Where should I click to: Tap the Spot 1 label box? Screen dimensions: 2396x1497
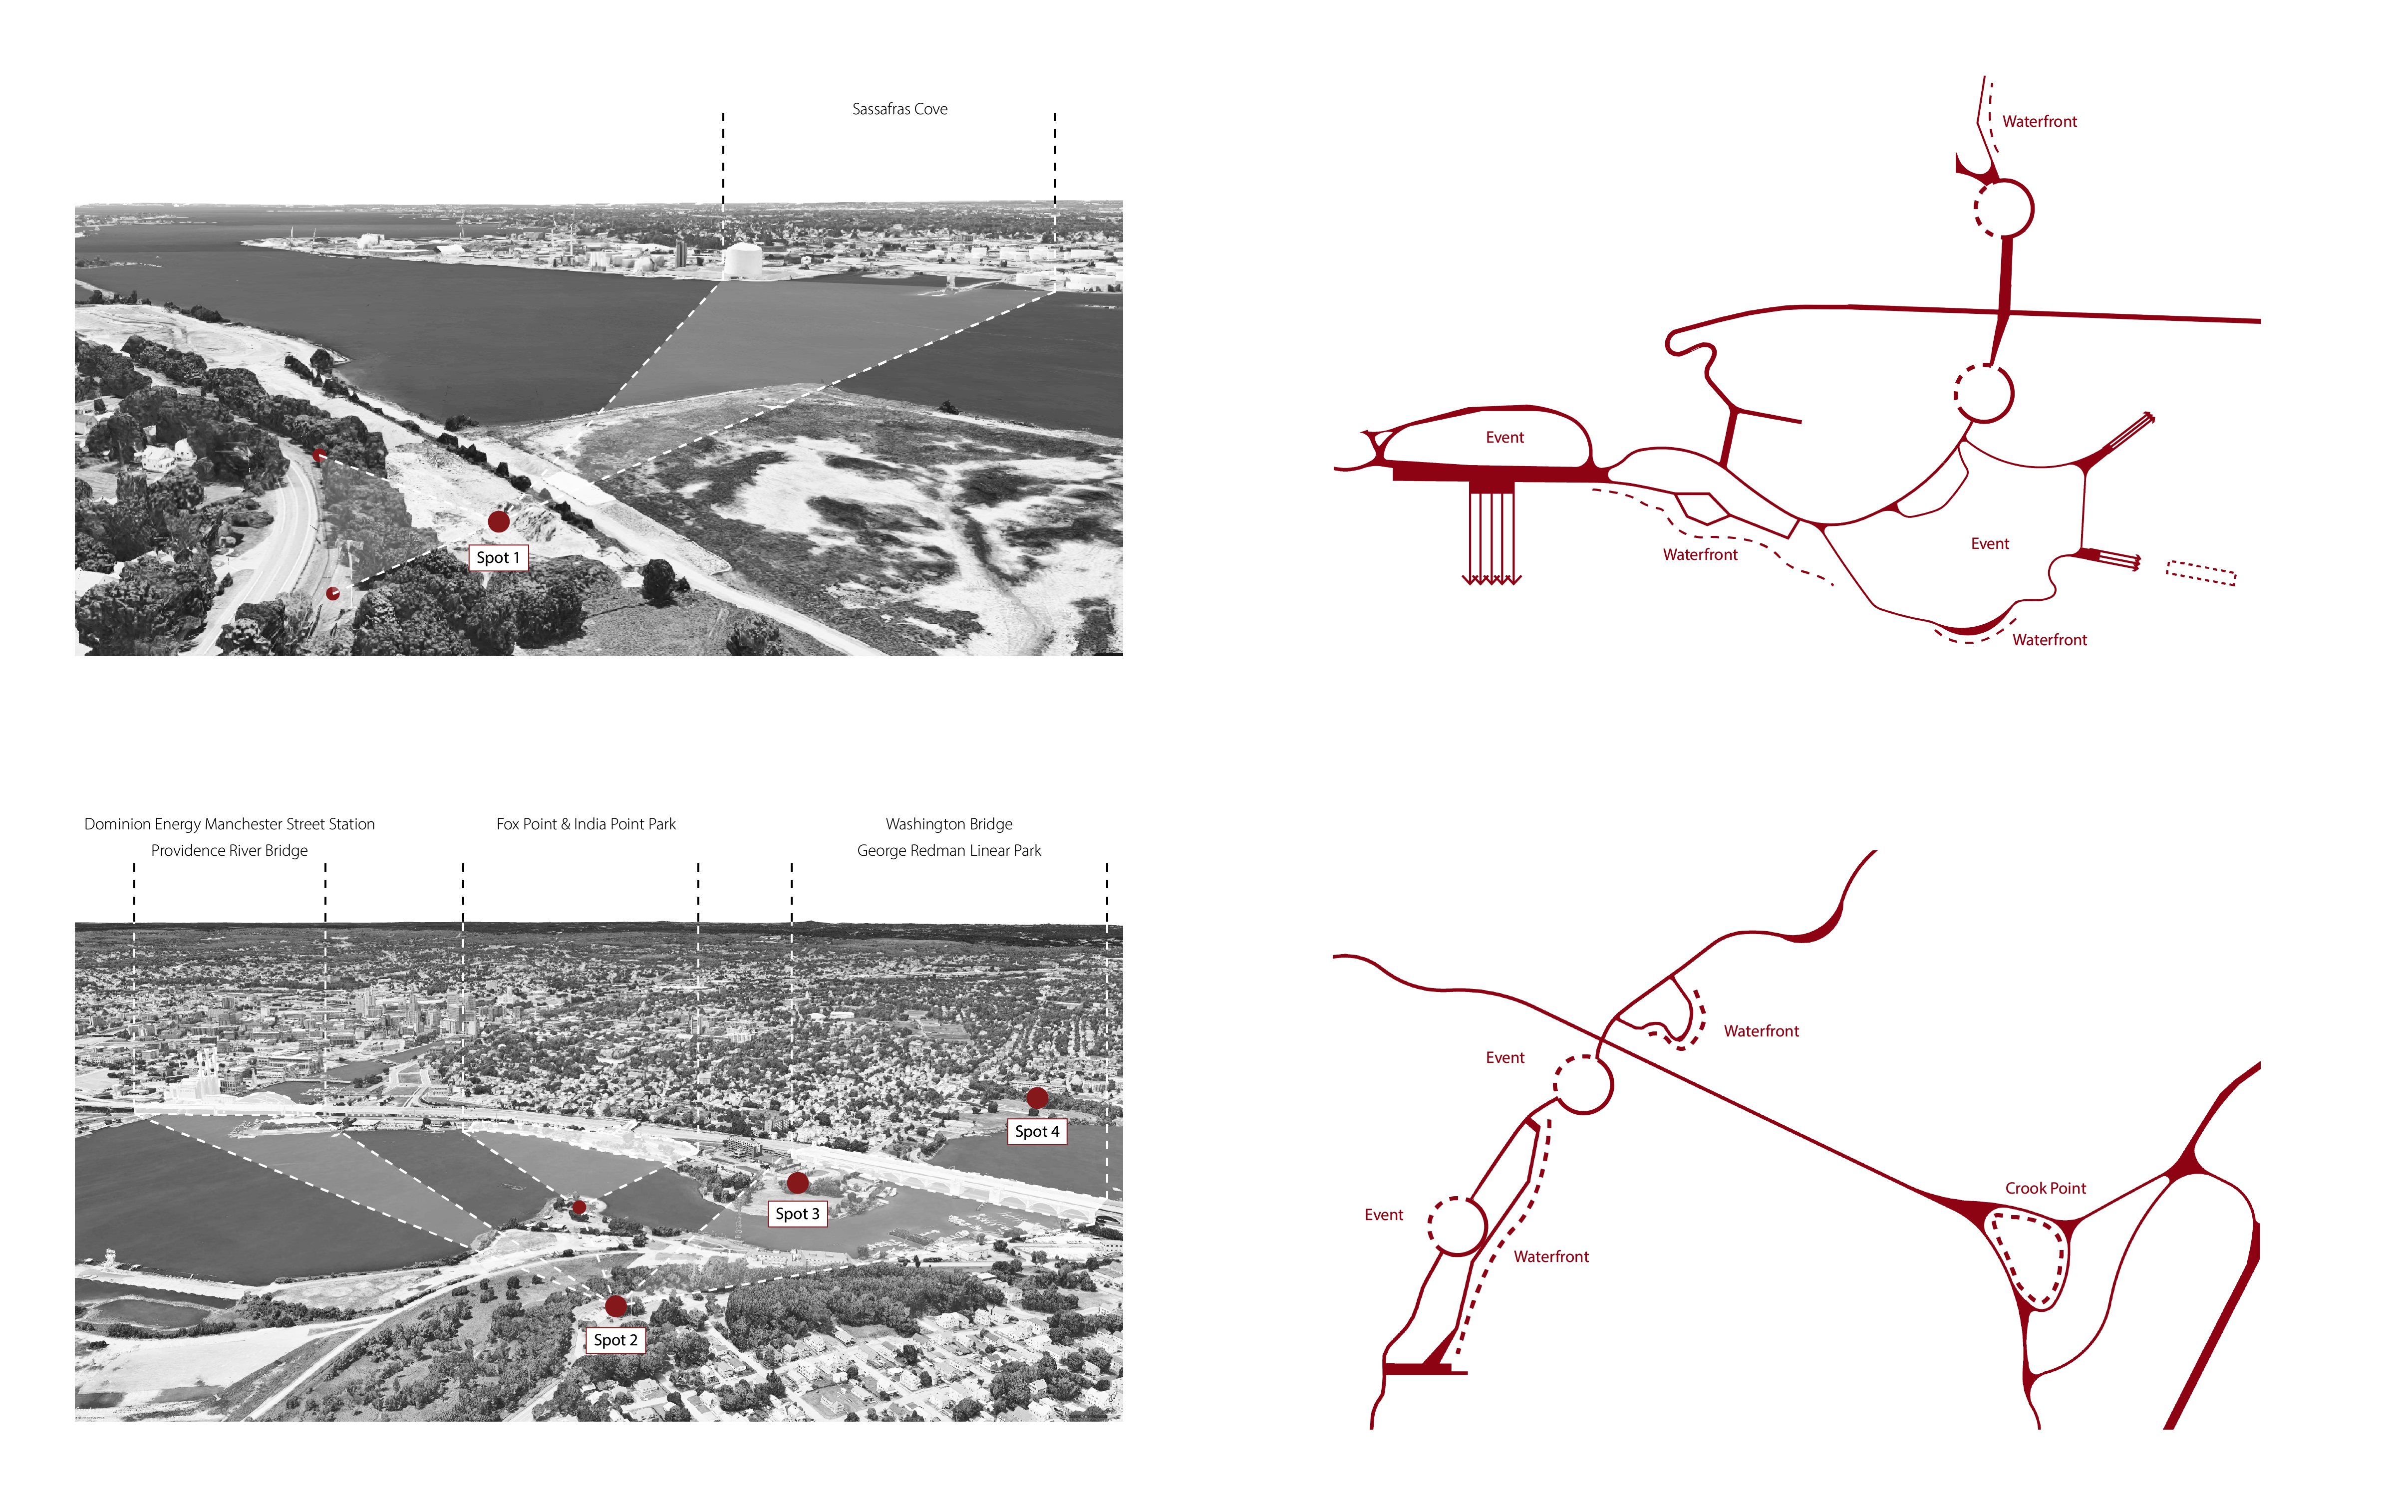(498, 557)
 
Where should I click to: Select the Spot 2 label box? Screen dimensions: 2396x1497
(616, 1340)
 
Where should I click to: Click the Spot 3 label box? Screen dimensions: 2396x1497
(797, 1214)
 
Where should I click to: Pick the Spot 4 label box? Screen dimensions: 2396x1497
(1037, 1131)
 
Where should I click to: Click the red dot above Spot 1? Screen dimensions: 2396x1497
(499, 521)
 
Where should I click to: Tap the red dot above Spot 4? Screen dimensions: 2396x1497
(1037, 1097)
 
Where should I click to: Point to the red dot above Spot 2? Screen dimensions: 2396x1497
(616, 1306)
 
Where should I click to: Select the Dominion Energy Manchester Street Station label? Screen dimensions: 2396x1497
(230, 824)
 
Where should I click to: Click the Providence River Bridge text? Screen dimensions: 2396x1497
(230, 850)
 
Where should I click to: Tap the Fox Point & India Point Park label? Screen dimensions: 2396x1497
(586, 824)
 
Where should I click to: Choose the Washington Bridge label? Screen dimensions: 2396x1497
(948, 824)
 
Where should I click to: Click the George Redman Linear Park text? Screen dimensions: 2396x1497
(948, 850)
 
